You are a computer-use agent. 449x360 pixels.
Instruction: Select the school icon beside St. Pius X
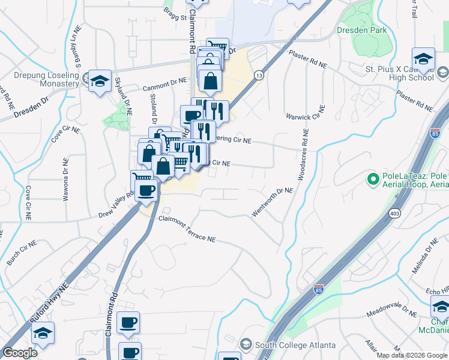coord(424,58)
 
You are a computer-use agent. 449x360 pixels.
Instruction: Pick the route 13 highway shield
coord(258,75)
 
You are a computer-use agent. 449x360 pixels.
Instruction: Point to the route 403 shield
coord(394,214)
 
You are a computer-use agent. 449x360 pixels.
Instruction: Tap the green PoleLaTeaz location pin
coord(373,179)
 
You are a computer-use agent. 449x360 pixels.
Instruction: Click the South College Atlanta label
coord(292,344)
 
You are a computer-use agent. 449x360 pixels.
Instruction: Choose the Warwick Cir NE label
coord(305,113)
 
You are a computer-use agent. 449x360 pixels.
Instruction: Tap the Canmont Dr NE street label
coord(164,88)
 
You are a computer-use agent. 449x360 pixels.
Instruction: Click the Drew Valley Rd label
coord(115,205)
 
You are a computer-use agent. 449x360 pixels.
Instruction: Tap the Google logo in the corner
coord(20,353)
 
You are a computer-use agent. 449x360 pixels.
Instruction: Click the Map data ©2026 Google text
coord(412,355)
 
